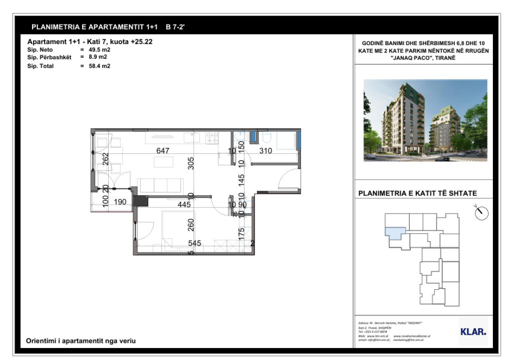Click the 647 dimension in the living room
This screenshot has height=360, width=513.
click(163, 150)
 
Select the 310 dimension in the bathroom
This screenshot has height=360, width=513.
click(266, 150)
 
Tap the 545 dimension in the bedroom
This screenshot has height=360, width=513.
click(194, 243)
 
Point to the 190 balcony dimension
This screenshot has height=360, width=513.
click(120, 202)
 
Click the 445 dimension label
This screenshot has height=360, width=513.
click(184, 204)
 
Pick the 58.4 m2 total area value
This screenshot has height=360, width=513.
click(99, 66)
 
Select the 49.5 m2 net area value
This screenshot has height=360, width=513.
click(99, 50)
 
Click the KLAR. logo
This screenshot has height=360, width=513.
click(473, 331)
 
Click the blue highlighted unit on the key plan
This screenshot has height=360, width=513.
click(395, 232)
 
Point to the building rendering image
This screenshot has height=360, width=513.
click(425, 120)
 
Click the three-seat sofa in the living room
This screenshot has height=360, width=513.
click(160, 185)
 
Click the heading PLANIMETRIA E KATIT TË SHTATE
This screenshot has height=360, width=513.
click(418, 193)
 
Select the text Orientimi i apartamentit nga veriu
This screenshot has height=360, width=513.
click(81, 341)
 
